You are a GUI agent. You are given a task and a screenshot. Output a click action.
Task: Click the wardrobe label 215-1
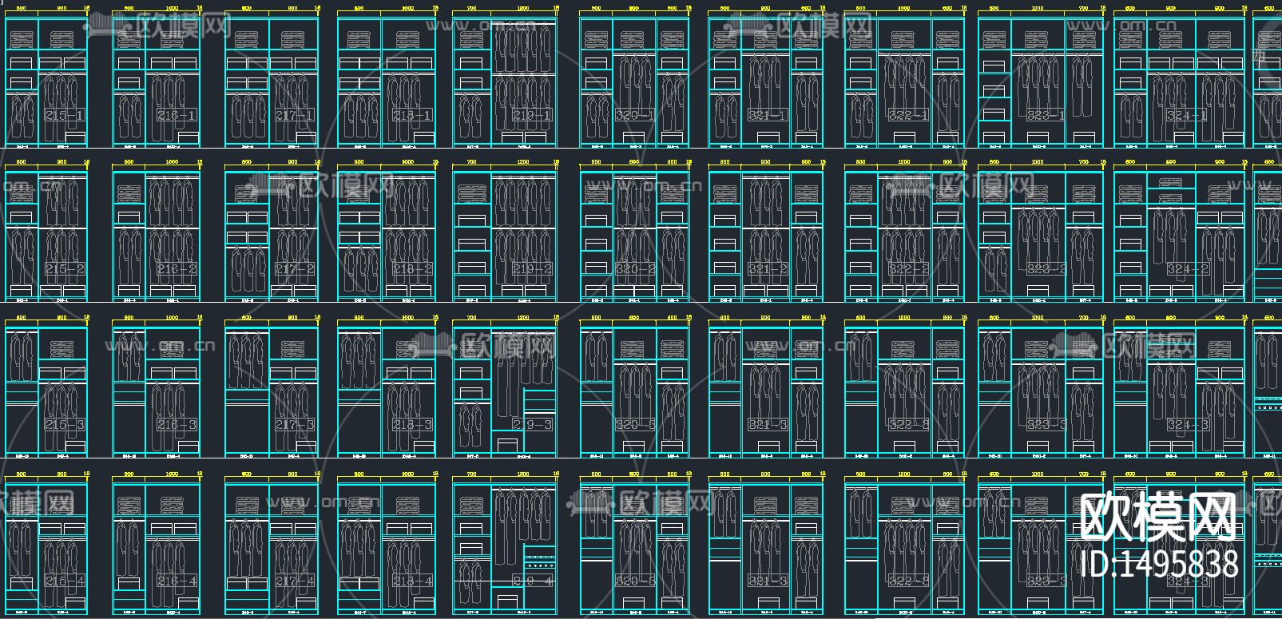[65, 116]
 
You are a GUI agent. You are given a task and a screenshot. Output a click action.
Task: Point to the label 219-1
[532, 116]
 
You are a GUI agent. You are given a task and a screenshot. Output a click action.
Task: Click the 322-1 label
[908, 116]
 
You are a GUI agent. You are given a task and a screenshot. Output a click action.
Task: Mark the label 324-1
[1187, 116]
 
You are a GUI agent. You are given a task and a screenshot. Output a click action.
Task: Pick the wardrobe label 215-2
[65, 269]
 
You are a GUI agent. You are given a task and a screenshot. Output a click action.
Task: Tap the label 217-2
[295, 269]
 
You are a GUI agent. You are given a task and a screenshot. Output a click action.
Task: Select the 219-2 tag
[532, 269]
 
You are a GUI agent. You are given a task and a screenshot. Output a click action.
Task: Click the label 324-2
[1187, 269]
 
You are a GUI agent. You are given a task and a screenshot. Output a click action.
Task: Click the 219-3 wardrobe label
[532, 425]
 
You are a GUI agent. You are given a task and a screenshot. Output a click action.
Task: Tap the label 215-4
[65, 581]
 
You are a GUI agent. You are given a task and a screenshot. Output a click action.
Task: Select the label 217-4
[295, 581]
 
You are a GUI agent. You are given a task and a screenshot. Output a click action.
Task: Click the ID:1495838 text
[1158, 564]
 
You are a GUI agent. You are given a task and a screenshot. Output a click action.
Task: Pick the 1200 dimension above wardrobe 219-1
[523, 8]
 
